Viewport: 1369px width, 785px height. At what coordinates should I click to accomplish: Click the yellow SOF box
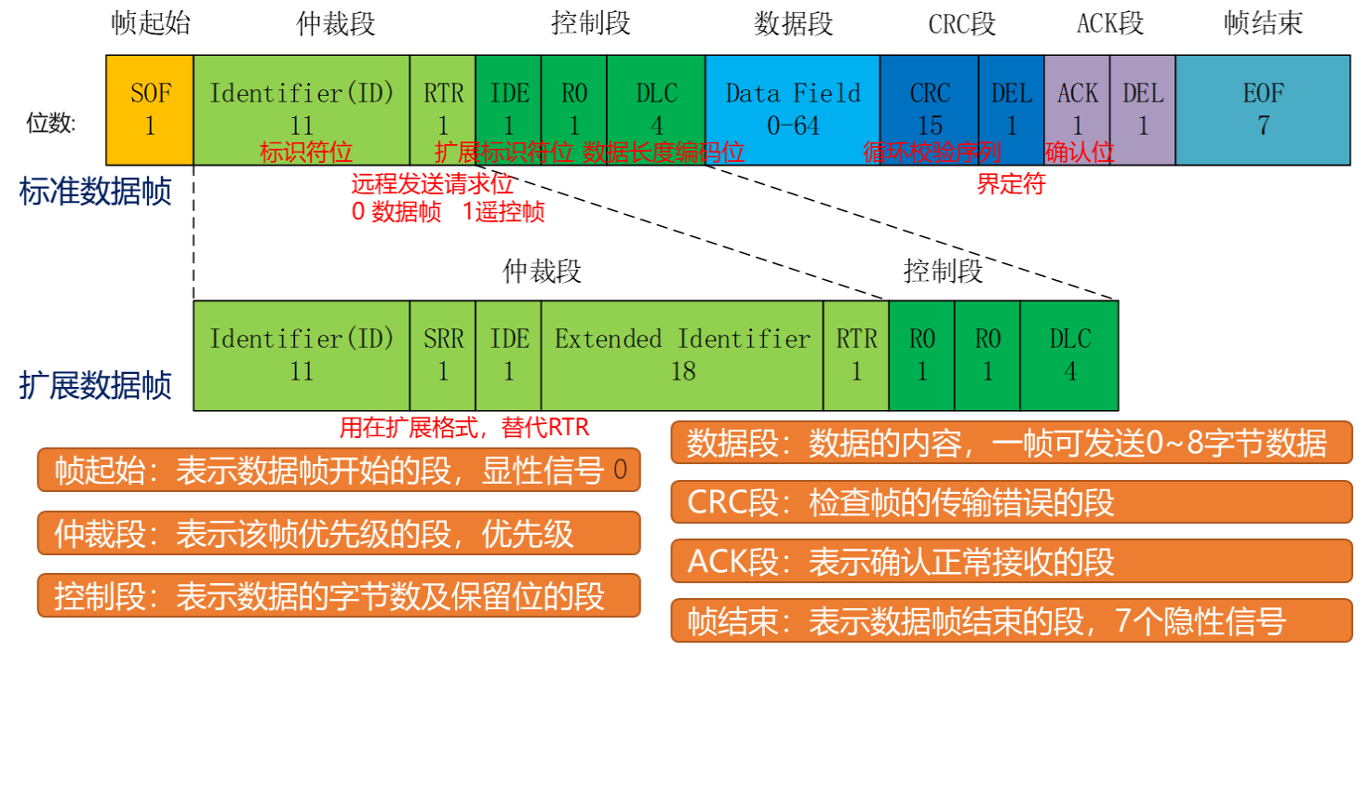click(150, 110)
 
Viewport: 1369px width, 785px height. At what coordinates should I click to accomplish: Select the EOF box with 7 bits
click(1262, 110)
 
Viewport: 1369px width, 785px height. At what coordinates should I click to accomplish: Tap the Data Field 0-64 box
click(792, 110)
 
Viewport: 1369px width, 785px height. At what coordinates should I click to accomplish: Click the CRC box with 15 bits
click(929, 110)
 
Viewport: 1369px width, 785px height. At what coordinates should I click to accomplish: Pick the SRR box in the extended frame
click(443, 355)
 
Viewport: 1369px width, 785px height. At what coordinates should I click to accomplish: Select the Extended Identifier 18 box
click(682, 355)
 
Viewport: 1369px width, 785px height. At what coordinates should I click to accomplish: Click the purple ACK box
click(1077, 110)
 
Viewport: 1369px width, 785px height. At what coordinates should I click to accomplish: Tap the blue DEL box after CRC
click(1011, 110)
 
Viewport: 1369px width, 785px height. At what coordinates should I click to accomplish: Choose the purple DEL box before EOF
click(1143, 110)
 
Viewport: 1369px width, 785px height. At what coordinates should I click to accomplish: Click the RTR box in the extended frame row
click(856, 355)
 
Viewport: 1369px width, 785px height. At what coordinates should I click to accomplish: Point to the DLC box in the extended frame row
click(1069, 355)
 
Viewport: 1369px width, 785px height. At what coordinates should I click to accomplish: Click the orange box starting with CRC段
click(1012, 502)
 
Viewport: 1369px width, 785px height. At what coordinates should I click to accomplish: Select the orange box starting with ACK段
click(1012, 562)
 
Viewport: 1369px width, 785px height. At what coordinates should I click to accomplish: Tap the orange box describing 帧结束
click(1012, 620)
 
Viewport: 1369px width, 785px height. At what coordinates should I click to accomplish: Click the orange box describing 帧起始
click(339, 471)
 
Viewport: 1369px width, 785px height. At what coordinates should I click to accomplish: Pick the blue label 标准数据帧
click(95, 192)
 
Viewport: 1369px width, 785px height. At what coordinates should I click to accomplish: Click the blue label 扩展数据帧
click(95, 385)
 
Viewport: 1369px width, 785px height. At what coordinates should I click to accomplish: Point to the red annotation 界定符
click(1011, 184)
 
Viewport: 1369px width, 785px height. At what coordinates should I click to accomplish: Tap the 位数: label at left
click(51, 123)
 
